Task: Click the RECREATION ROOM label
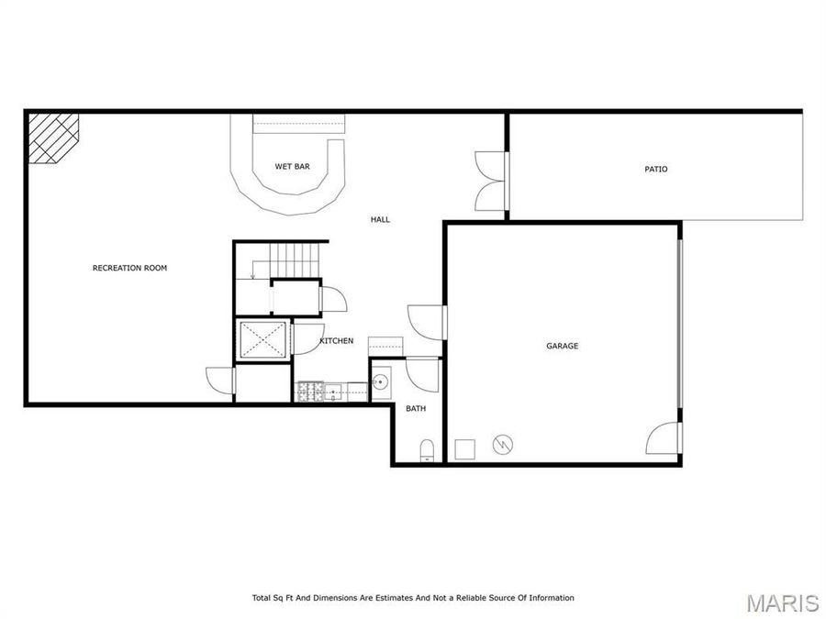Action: [129, 268]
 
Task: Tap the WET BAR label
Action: [292, 166]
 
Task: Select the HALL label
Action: [380, 219]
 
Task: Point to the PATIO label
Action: [655, 169]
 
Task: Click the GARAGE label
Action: [562, 346]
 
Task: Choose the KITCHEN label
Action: [336, 341]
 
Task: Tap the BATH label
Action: [416, 409]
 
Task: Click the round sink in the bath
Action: [381, 381]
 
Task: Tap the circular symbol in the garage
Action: [502, 445]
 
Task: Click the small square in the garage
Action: [465, 448]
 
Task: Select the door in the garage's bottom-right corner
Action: [665, 437]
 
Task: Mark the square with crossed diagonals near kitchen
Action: [262, 338]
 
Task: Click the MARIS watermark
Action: [782, 602]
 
